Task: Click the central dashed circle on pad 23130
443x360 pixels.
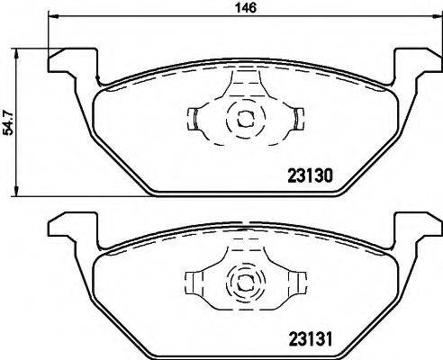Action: coord(242,116)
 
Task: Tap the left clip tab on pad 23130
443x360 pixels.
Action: coord(195,117)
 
